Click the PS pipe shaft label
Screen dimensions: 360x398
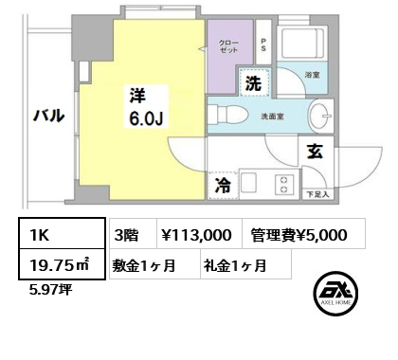click(x=262, y=46)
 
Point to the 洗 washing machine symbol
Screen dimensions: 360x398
click(x=253, y=83)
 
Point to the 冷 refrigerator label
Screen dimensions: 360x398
click(x=222, y=188)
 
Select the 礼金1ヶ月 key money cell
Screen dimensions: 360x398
click(x=234, y=265)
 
